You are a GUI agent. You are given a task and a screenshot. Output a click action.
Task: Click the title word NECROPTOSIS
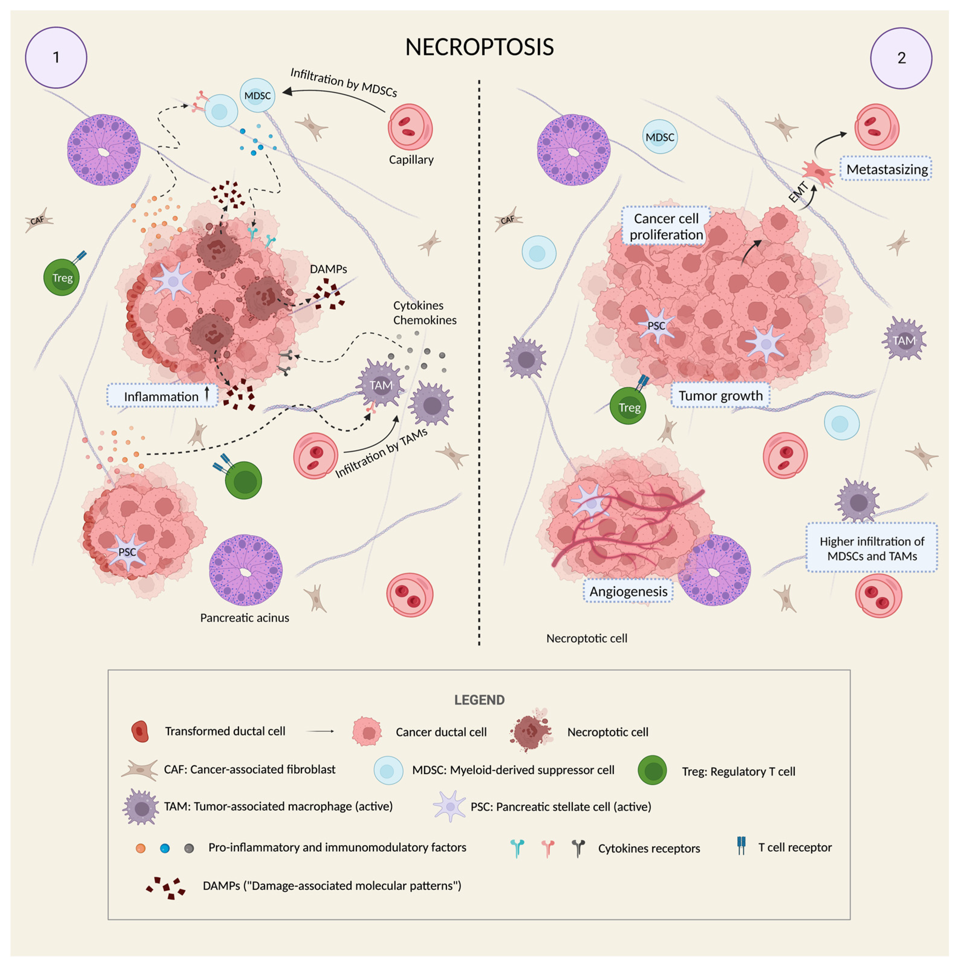point(479,47)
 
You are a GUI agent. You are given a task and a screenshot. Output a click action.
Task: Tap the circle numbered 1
point(56,58)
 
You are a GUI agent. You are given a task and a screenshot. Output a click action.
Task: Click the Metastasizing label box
point(886,169)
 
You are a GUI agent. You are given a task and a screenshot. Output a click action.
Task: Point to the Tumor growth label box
point(720,396)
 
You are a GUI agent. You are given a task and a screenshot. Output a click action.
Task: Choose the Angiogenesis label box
point(628,592)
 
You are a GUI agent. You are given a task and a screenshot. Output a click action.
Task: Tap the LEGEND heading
point(479,700)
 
